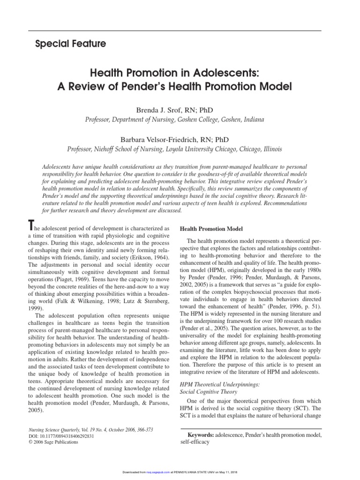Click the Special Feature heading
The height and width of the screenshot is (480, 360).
click(x=71, y=44)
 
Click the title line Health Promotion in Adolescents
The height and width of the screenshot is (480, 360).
click(x=180, y=73)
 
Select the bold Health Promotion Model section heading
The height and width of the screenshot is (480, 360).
click(x=211, y=229)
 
